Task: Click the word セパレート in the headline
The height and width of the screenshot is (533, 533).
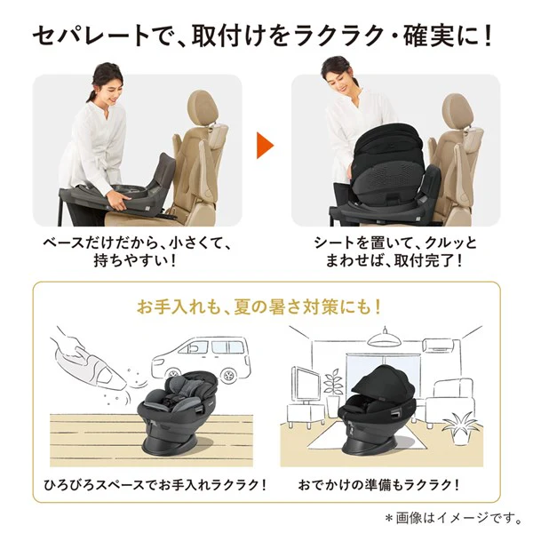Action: click(x=87, y=37)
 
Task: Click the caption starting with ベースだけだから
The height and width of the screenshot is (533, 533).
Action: click(x=138, y=243)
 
